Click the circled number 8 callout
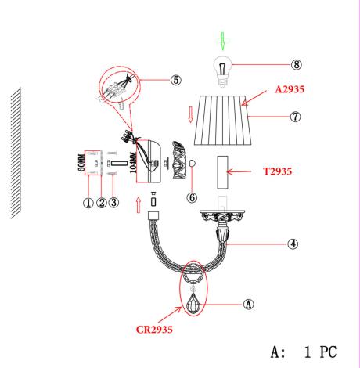(297, 64)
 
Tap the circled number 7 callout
(295, 117)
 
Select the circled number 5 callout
(176, 80)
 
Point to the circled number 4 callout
(293, 244)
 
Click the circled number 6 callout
(192, 197)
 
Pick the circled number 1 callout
(88, 203)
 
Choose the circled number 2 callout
(102, 203)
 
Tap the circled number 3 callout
(113, 203)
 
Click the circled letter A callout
(248, 304)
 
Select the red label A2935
(290, 89)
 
